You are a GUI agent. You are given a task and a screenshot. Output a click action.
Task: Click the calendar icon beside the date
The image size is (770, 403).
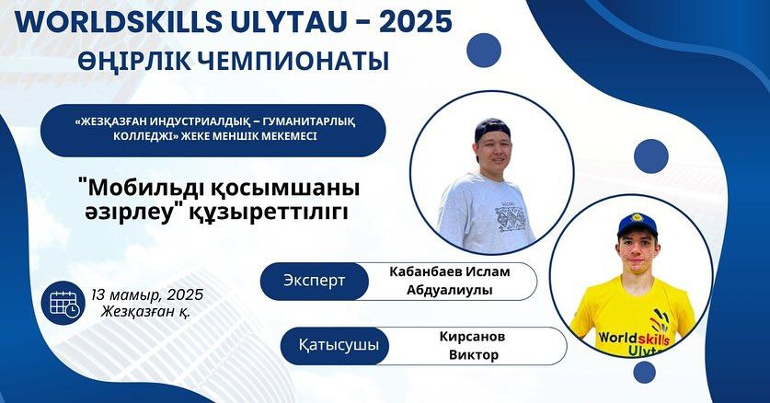click(63, 303)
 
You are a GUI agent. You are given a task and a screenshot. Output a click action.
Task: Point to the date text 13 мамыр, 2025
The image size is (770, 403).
click(147, 294)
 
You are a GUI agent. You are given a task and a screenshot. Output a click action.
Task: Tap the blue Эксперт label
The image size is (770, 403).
click(315, 282)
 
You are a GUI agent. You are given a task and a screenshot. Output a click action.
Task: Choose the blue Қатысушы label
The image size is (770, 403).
click(339, 346)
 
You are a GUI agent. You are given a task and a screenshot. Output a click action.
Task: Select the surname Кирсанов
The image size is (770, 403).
click(473, 337)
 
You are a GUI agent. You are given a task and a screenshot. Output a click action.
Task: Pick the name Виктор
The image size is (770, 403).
click(474, 355)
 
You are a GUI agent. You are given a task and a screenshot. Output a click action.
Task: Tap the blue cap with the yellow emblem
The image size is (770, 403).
click(638, 225)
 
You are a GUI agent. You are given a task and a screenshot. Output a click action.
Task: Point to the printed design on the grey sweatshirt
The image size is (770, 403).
click(511, 217)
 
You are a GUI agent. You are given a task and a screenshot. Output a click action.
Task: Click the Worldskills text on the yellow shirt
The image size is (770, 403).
click(634, 338)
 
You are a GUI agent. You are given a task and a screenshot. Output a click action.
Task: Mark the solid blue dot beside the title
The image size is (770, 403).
click(484, 50)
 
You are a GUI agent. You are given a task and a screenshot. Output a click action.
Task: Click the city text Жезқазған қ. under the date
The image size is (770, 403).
click(146, 311)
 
